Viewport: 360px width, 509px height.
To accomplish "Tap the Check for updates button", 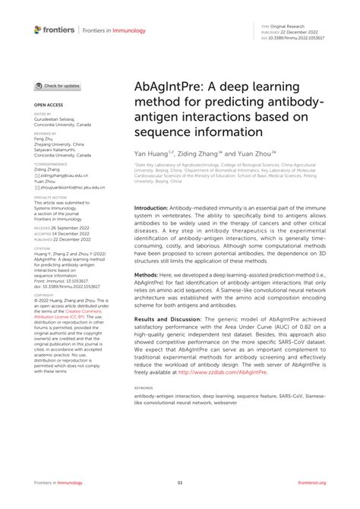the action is [57, 87].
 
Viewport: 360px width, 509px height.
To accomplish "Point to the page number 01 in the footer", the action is [180, 483].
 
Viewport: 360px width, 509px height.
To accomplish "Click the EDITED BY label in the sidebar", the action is [43, 114].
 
